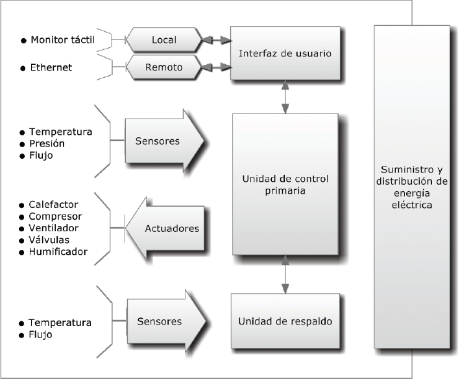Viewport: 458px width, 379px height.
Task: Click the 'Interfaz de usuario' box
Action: point(285,53)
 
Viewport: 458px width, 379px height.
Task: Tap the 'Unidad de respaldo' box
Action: point(285,321)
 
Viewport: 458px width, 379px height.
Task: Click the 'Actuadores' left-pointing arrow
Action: point(167,228)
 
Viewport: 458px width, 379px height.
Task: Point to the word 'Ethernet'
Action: point(51,67)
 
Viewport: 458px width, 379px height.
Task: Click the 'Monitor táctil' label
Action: point(62,40)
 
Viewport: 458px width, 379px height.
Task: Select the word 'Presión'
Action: point(46,143)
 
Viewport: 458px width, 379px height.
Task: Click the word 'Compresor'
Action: point(55,216)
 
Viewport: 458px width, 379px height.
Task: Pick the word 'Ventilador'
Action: point(54,228)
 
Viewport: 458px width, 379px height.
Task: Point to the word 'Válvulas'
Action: point(49,240)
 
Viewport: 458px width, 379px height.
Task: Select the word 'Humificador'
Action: point(58,251)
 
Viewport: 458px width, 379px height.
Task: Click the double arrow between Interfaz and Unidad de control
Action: point(285,97)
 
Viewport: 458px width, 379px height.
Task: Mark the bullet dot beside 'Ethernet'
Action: point(22,68)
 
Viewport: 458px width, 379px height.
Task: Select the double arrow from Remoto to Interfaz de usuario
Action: point(216,65)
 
